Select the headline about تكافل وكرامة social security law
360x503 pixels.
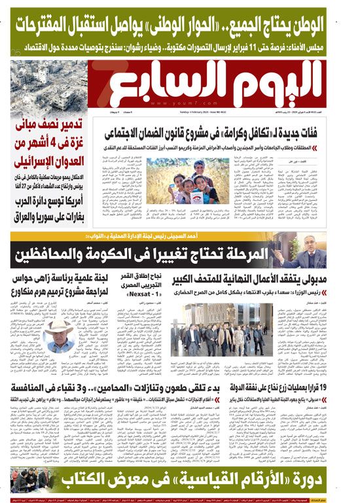tap(226, 133)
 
